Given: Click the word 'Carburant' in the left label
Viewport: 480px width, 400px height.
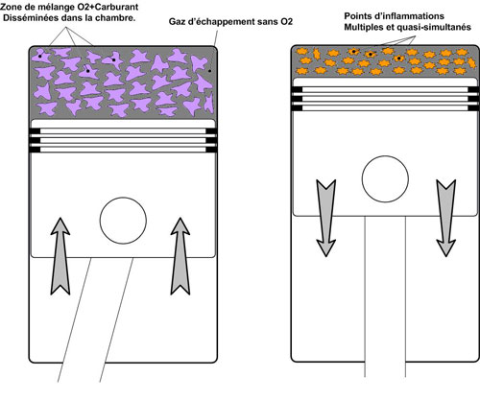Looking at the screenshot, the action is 119,7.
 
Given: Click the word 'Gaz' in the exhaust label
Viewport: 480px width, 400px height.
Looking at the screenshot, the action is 177,22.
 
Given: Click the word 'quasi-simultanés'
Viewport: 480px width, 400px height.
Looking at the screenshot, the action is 434,27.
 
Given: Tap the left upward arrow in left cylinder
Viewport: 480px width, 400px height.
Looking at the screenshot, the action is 60,256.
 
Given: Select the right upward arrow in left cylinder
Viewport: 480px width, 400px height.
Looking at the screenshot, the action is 180,256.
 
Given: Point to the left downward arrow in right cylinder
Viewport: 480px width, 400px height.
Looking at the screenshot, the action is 326,218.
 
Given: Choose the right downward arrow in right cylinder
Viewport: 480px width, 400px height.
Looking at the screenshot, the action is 446,218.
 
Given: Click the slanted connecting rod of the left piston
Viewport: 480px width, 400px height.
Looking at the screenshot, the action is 95,319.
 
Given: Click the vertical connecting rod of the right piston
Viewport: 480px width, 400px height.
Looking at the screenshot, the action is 385,296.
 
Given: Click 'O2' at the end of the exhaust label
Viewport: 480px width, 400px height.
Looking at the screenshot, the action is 287,22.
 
